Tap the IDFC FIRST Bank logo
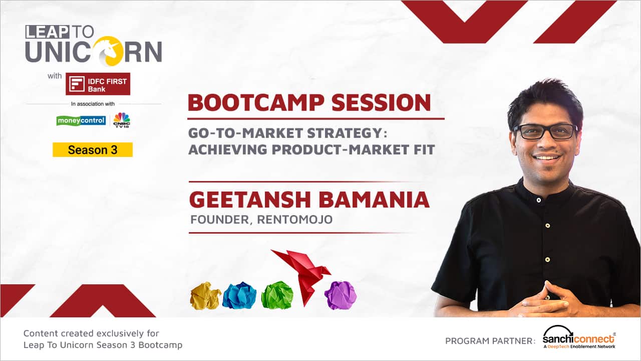tap(98, 84)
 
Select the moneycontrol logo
tap(81, 121)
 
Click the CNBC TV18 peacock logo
tap(122, 120)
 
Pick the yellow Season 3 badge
tap(93, 150)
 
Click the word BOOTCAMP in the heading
tap(256, 103)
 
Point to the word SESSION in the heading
tap(381, 103)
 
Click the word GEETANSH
tap(250, 200)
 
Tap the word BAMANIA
tap(374, 200)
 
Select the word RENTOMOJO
tap(295, 220)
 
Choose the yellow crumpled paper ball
tap(205, 296)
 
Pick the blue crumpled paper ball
tap(239, 295)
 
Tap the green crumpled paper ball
tap(277, 295)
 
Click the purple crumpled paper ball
tap(341, 295)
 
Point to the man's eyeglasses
tap(546, 132)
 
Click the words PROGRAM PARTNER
tap(490, 341)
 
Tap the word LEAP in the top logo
tap(47, 32)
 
